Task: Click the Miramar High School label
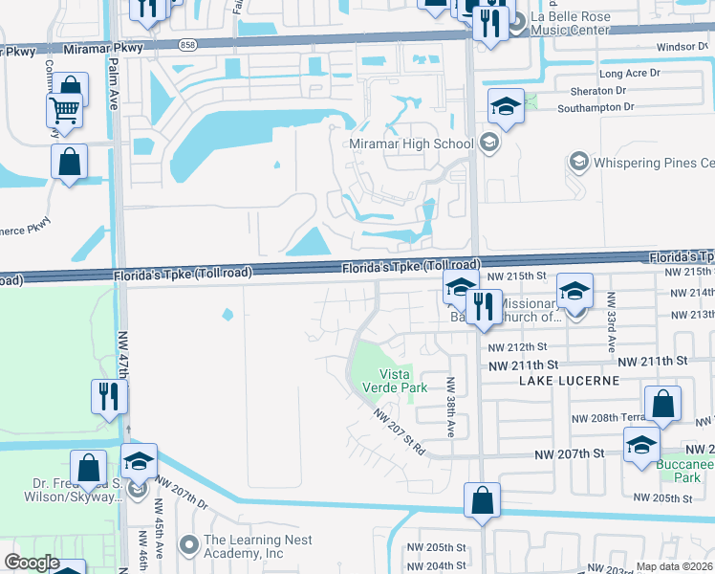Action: pyautogui.click(x=412, y=143)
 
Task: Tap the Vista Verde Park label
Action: pyautogui.click(x=402, y=380)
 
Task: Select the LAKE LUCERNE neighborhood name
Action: pyautogui.click(x=570, y=380)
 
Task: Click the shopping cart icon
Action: pyautogui.click(x=64, y=109)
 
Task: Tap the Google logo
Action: pyautogui.click(x=32, y=563)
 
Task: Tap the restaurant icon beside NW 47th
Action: pyautogui.click(x=109, y=395)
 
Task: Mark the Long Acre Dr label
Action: pyautogui.click(x=629, y=74)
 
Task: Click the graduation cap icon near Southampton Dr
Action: pyautogui.click(x=506, y=106)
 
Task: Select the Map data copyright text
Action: pyautogui.click(x=675, y=566)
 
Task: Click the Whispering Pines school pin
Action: pyautogui.click(x=577, y=162)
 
